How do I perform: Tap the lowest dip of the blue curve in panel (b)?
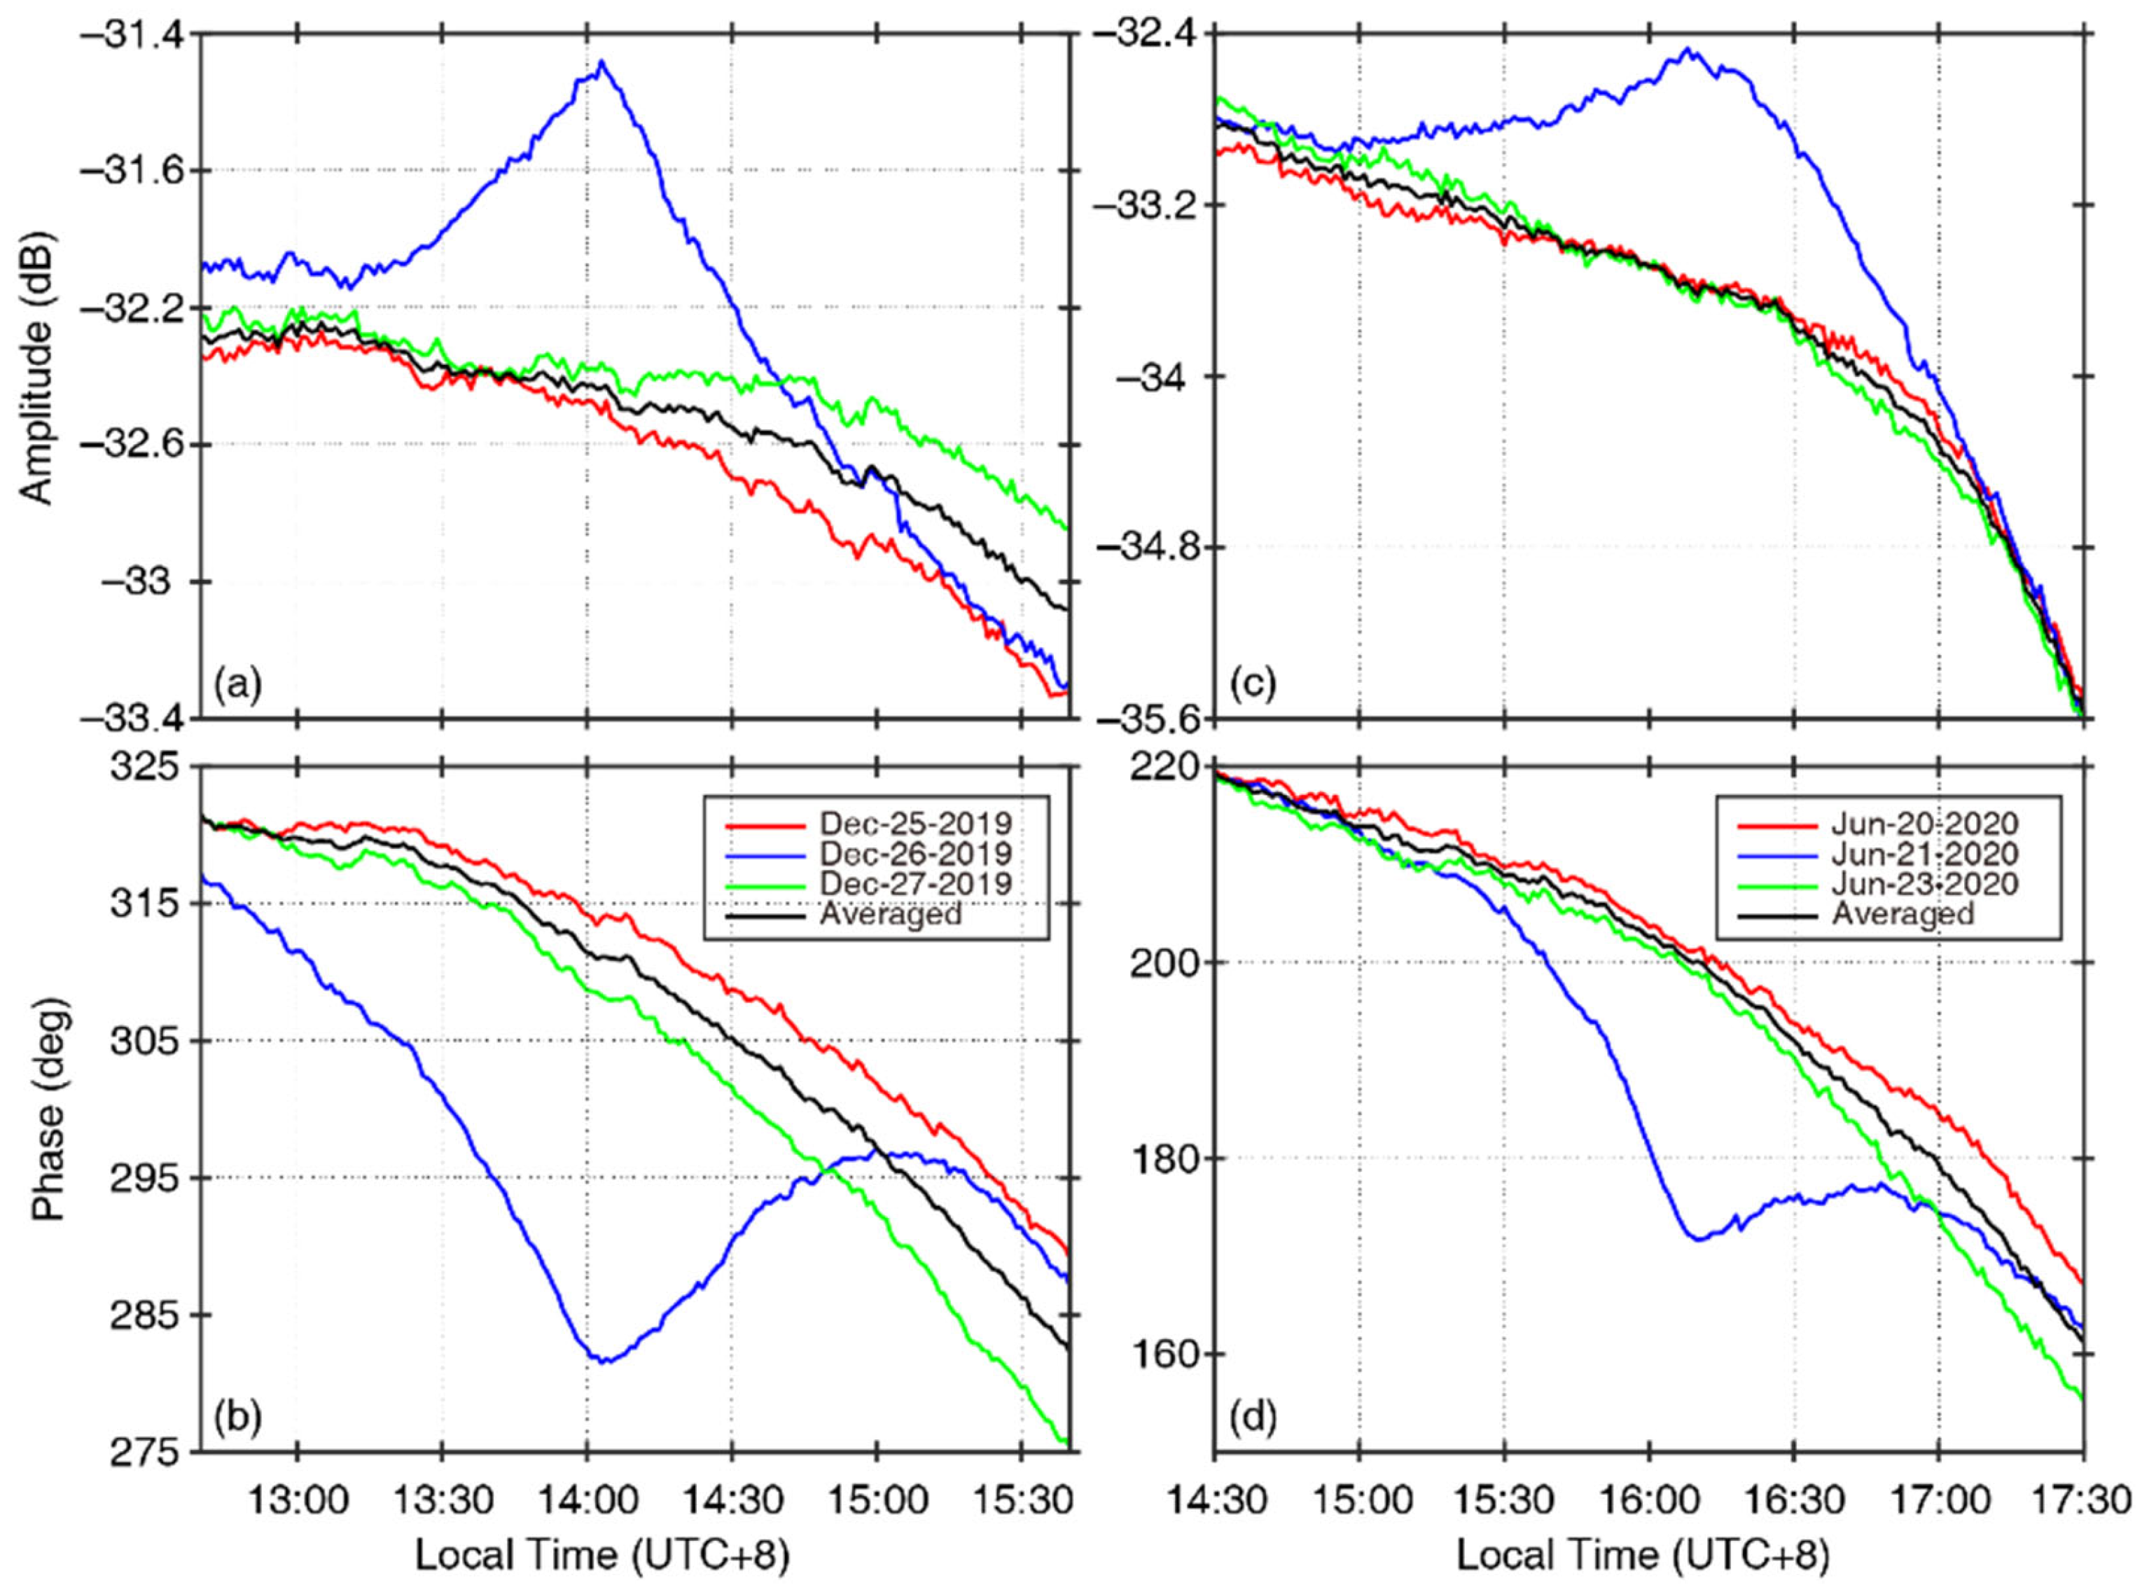[x=604, y=1360]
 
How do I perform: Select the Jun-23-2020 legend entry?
[x=1924, y=883]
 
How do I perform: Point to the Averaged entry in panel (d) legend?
[x=1903, y=913]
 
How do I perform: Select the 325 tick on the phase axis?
[x=140, y=768]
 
